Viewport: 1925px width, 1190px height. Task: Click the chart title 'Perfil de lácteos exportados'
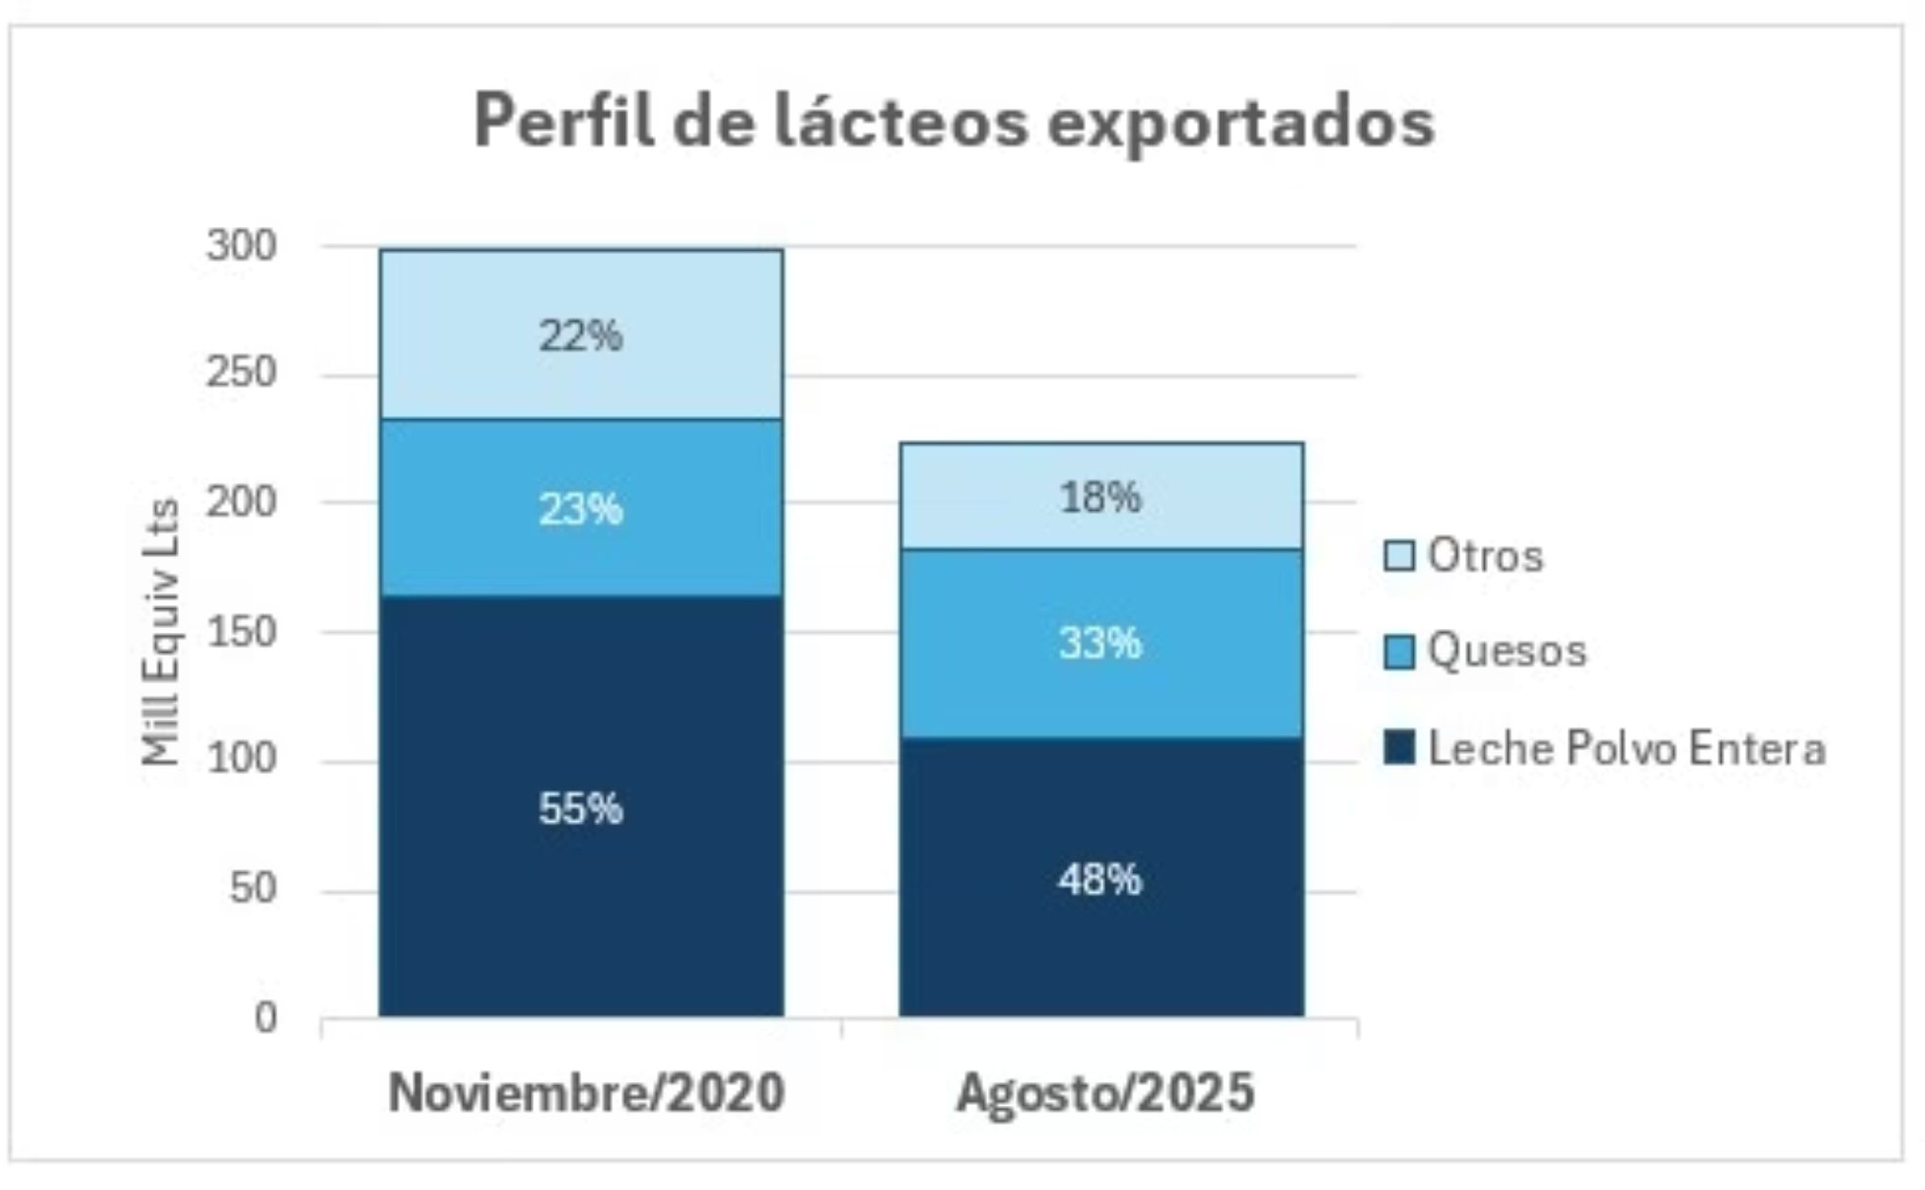[954, 122]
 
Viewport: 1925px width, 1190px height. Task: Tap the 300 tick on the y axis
[241, 246]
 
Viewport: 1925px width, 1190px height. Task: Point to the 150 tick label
[241, 632]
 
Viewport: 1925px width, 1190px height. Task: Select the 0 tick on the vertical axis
[265, 1018]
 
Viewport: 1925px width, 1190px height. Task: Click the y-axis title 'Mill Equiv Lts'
[161, 632]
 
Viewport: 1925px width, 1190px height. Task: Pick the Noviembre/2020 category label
[586, 1093]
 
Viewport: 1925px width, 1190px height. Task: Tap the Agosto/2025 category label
[1104, 1093]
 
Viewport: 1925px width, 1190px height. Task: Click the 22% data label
[580, 336]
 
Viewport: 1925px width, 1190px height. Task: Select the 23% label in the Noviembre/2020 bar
[580, 510]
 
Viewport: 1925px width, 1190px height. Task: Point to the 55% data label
[580, 809]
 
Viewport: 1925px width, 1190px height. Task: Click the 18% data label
[1100, 498]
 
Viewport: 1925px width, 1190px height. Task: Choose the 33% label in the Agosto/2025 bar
[1100, 643]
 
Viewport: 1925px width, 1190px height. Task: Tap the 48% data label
[1100, 880]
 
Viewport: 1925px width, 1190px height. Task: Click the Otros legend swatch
[1398, 556]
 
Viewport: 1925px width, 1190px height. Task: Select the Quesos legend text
[1507, 651]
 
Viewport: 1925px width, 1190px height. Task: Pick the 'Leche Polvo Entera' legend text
[1626, 748]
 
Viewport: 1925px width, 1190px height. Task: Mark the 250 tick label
[241, 372]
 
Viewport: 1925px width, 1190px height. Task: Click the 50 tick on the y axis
[253, 888]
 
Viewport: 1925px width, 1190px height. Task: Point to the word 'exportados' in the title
[1240, 124]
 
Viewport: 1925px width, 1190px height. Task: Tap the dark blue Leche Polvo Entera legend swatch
[1398, 747]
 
